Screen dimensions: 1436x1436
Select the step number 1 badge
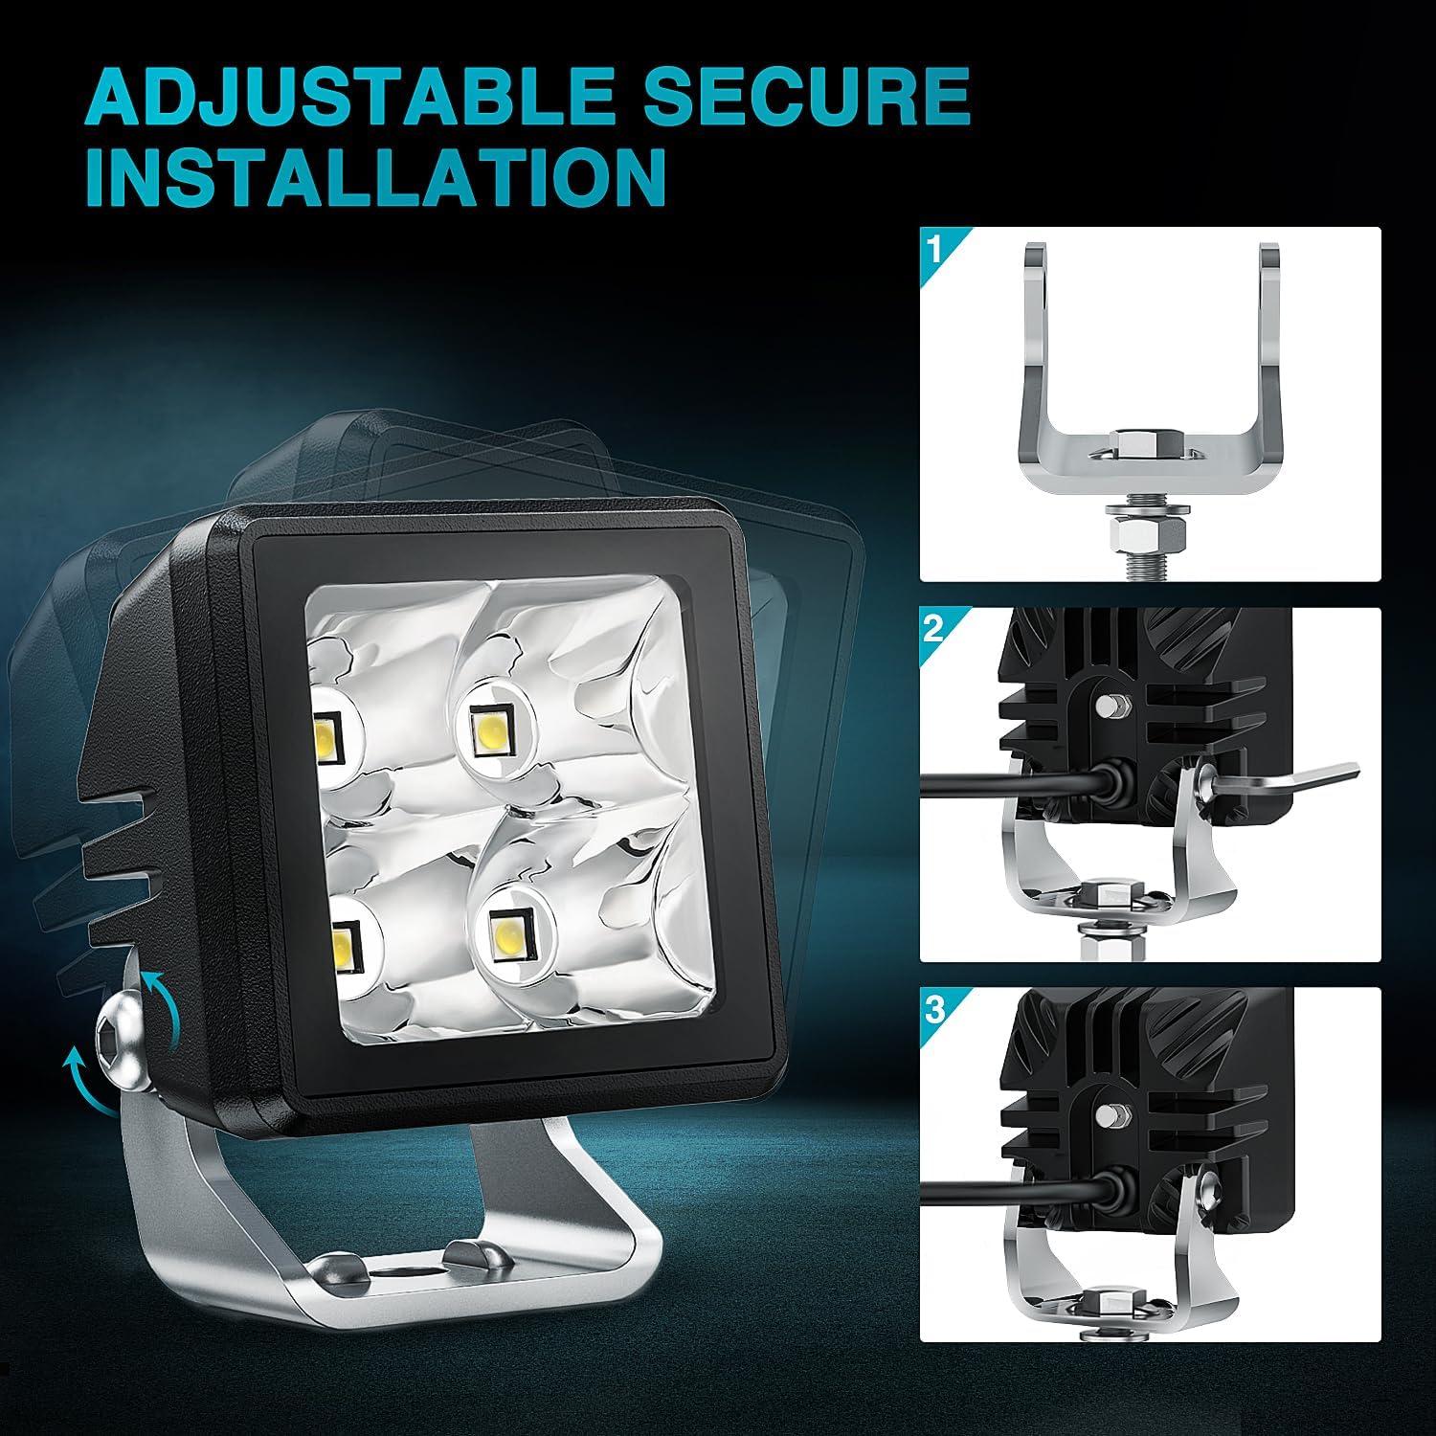click(933, 249)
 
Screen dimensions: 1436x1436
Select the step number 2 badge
click(933, 629)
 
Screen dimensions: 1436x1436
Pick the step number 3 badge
click(933, 1009)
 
